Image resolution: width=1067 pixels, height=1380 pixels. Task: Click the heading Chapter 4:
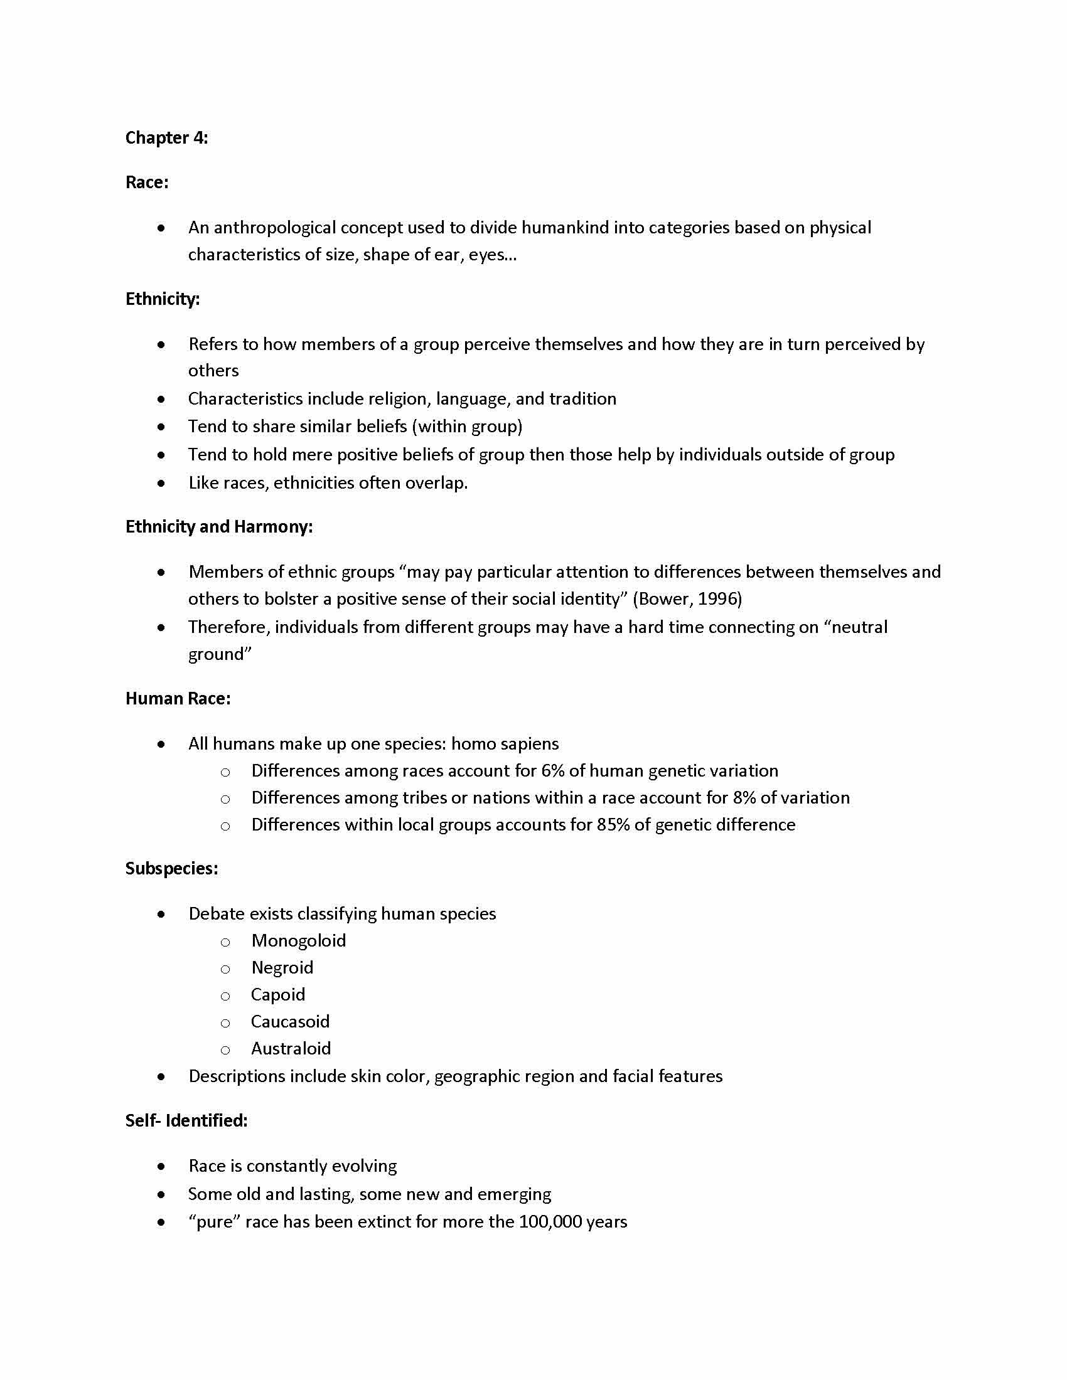(166, 138)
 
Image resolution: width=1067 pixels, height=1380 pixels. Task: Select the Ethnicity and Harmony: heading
(218, 527)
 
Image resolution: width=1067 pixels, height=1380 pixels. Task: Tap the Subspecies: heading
(171, 869)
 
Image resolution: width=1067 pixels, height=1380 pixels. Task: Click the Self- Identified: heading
(186, 1121)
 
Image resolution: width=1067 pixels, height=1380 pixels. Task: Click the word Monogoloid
(298, 941)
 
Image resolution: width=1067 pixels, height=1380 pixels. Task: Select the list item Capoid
(278, 995)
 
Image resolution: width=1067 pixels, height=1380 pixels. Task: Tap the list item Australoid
(291, 1049)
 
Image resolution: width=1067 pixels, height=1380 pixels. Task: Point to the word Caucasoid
(290, 1022)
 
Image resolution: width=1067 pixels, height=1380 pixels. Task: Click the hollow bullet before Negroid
(225, 969)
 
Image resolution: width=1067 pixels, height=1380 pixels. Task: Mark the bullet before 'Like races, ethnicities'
(162, 484)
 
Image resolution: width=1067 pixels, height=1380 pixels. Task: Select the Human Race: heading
(178, 699)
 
